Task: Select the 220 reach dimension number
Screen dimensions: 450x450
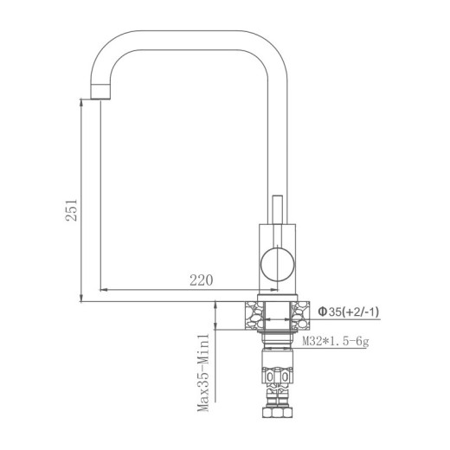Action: [x=201, y=280]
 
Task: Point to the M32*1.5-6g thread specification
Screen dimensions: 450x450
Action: [x=336, y=342]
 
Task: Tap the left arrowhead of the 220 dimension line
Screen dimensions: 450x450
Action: [x=104, y=288]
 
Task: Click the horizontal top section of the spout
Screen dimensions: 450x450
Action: [x=186, y=33]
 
